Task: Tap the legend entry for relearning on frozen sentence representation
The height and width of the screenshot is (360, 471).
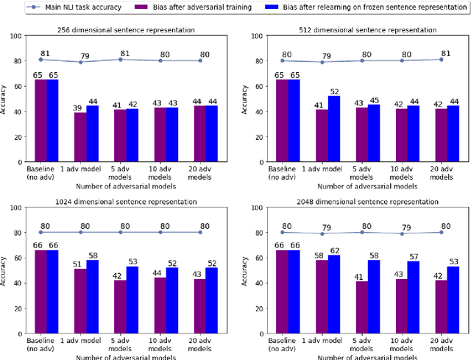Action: [x=372, y=6]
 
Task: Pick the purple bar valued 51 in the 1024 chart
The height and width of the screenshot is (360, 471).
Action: [x=79, y=294]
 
